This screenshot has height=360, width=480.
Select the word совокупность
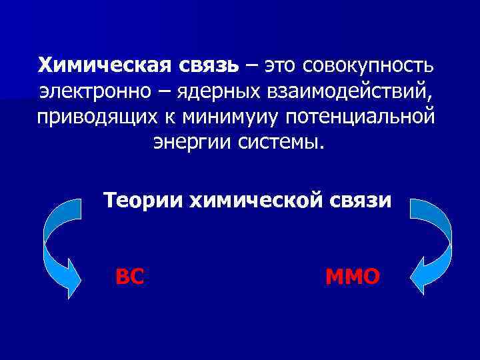(x=369, y=65)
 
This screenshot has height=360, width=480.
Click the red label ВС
(x=129, y=275)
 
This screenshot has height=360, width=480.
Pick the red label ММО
(x=353, y=275)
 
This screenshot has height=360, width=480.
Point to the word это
(x=281, y=65)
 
